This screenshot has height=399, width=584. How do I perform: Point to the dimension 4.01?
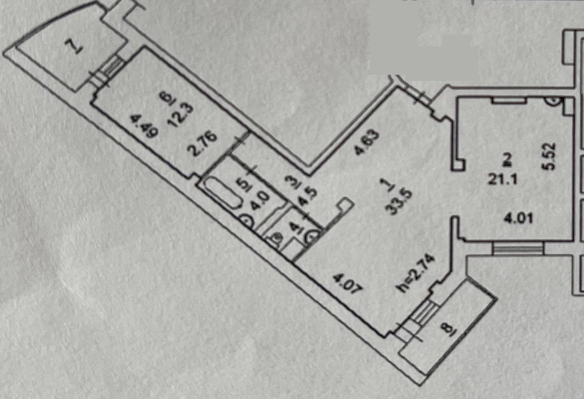coord(519,218)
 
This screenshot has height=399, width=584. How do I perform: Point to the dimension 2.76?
coord(204,144)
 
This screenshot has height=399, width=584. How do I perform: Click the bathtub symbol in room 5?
coord(221,192)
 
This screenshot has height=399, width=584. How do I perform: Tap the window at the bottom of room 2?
coord(518,248)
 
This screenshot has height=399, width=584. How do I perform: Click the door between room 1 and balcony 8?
coord(423,312)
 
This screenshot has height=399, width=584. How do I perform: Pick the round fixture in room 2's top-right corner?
coord(554,101)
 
